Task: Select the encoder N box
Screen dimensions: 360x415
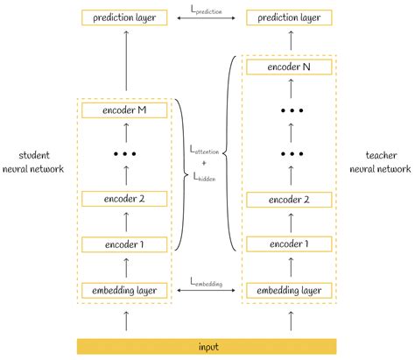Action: click(290, 67)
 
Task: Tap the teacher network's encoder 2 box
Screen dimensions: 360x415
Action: click(290, 199)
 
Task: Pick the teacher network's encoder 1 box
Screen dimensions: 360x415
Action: click(290, 244)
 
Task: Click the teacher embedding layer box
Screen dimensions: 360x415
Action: click(290, 290)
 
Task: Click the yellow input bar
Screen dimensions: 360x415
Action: click(207, 345)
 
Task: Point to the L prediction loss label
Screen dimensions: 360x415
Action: click(207, 8)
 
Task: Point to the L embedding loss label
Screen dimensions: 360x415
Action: click(207, 282)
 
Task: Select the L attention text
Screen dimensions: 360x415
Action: click(207, 150)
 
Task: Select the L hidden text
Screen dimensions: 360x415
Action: click(207, 176)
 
